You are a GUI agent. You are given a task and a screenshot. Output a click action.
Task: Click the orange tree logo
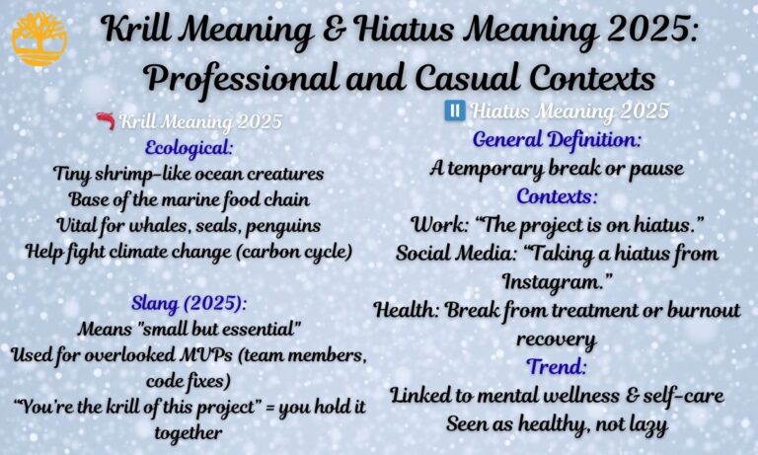pyautogui.click(x=39, y=38)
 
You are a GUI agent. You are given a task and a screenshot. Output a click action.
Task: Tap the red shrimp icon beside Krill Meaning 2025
pyautogui.click(x=105, y=122)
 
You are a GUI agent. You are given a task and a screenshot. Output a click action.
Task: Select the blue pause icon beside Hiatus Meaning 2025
pyautogui.click(x=455, y=111)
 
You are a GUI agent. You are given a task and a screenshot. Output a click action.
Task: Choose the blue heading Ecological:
pyautogui.click(x=189, y=147)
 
